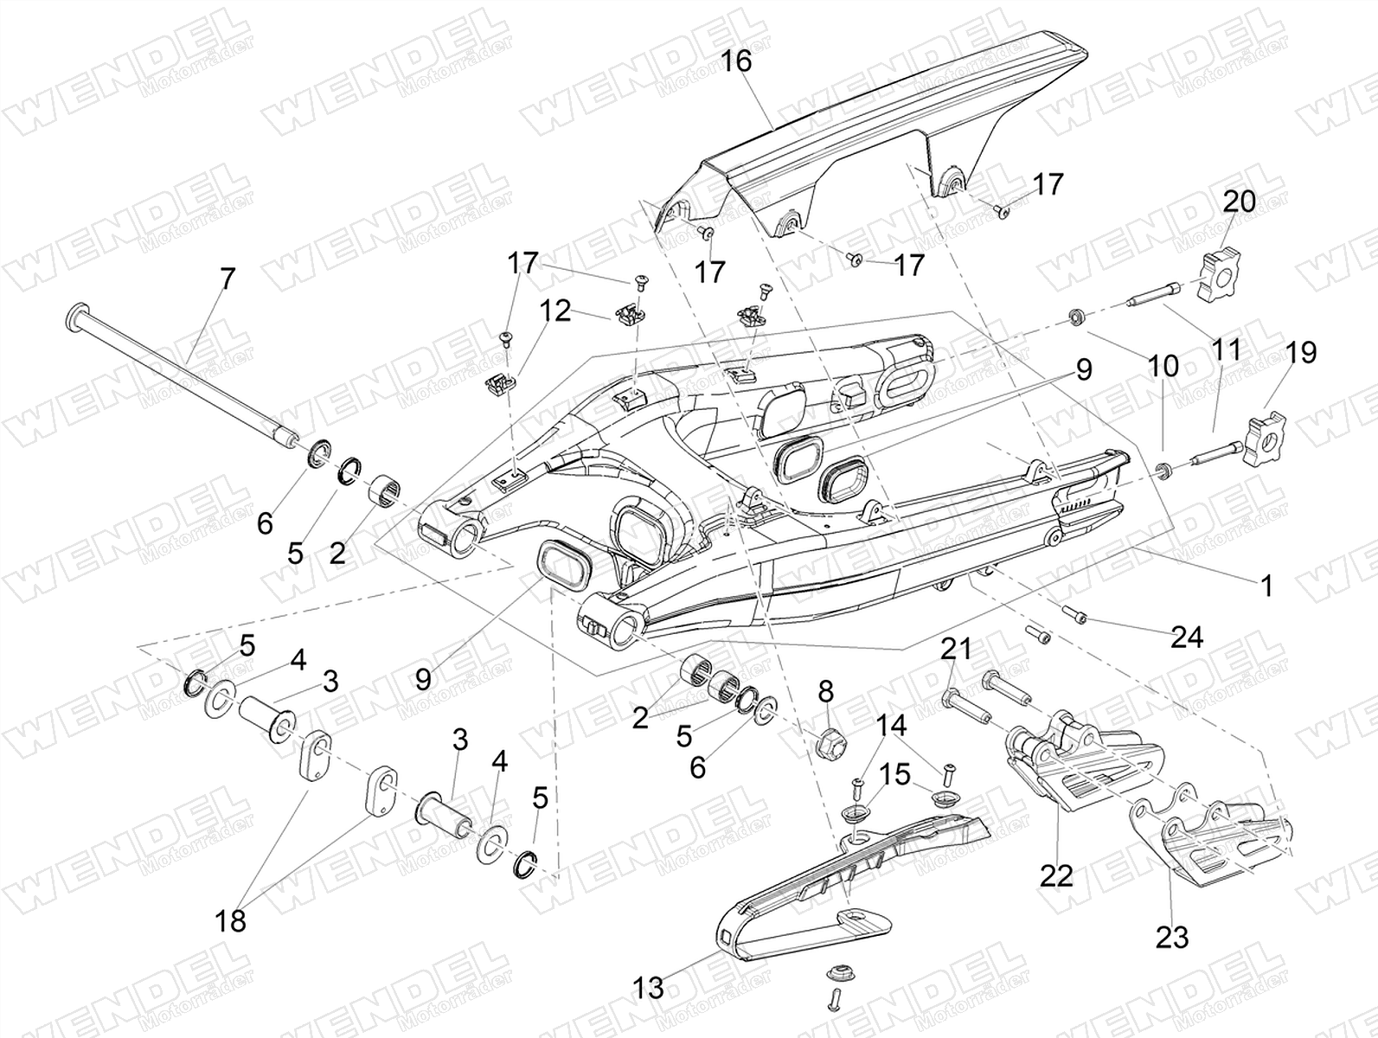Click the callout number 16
pyautogui.click(x=737, y=62)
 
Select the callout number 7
pyautogui.click(x=227, y=279)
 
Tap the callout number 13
pyautogui.click(x=649, y=986)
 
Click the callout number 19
pyautogui.click(x=1301, y=353)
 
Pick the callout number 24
pyautogui.click(x=1187, y=638)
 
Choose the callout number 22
pyautogui.click(x=1055, y=875)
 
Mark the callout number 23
pyautogui.click(x=1172, y=936)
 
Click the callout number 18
pyautogui.click(x=231, y=921)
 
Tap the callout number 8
pyautogui.click(x=825, y=690)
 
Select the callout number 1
pyautogui.click(x=1266, y=586)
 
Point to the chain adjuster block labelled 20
pyautogui.click(x=1218, y=279)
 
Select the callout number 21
pyautogui.click(x=957, y=648)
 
